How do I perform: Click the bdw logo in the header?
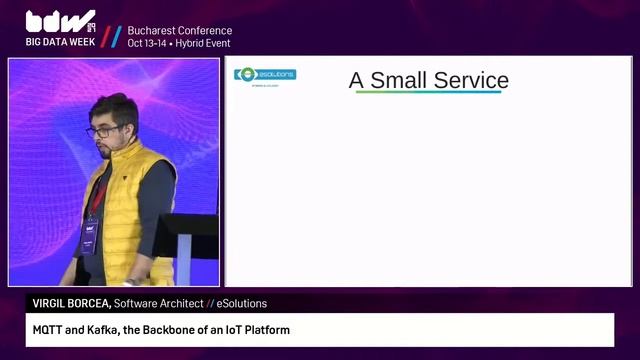(x=59, y=21)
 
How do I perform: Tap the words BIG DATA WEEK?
(x=60, y=43)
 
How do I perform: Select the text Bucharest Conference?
(x=179, y=31)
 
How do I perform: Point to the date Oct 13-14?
(x=148, y=44)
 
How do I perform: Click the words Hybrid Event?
(x=206, y=44)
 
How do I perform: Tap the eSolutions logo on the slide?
(x=265, y=75)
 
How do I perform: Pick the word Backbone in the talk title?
(x=176, y=330)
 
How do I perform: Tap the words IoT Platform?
(x=258, y=330)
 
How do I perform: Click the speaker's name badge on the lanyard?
(x=89, y=239)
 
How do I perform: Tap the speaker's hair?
(x=113, y=106)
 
